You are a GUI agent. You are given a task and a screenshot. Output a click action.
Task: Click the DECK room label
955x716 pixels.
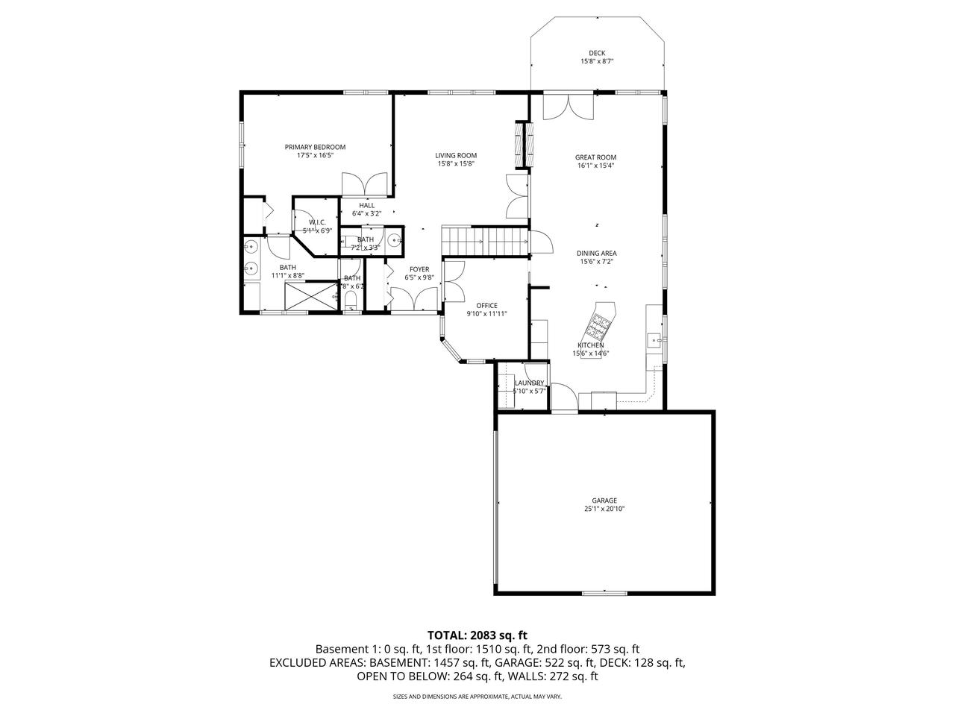[596, 53]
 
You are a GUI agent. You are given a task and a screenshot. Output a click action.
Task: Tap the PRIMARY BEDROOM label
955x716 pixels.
[315, 147]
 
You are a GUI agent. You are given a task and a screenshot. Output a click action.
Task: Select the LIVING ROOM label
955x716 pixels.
[456, 155]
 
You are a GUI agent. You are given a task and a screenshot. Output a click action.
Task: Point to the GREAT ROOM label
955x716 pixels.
[595, 157]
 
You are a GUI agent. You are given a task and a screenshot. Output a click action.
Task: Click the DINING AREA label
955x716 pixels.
[598, 254]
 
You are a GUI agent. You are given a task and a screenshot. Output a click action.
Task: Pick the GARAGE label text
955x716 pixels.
[604, 500]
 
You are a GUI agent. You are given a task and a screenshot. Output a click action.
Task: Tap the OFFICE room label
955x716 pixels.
[486, 305]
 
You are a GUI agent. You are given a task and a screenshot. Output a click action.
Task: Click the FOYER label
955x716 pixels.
[419, 269]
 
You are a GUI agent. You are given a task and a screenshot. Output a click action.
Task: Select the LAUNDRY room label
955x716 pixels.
[529, 383]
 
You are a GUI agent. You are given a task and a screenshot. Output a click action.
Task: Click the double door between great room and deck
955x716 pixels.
[569, 106]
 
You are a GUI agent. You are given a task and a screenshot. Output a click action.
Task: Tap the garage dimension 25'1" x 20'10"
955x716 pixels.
[604, 509]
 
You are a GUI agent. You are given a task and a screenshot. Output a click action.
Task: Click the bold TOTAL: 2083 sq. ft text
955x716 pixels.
[477, 635]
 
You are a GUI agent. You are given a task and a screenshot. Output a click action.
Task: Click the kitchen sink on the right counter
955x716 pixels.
[656, 340]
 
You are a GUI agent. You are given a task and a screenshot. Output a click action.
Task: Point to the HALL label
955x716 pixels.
[366, 205]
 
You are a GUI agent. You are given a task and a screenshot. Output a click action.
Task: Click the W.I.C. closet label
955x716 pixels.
[318, 222]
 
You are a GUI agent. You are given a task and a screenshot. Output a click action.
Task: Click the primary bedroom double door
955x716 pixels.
[364, 184]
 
